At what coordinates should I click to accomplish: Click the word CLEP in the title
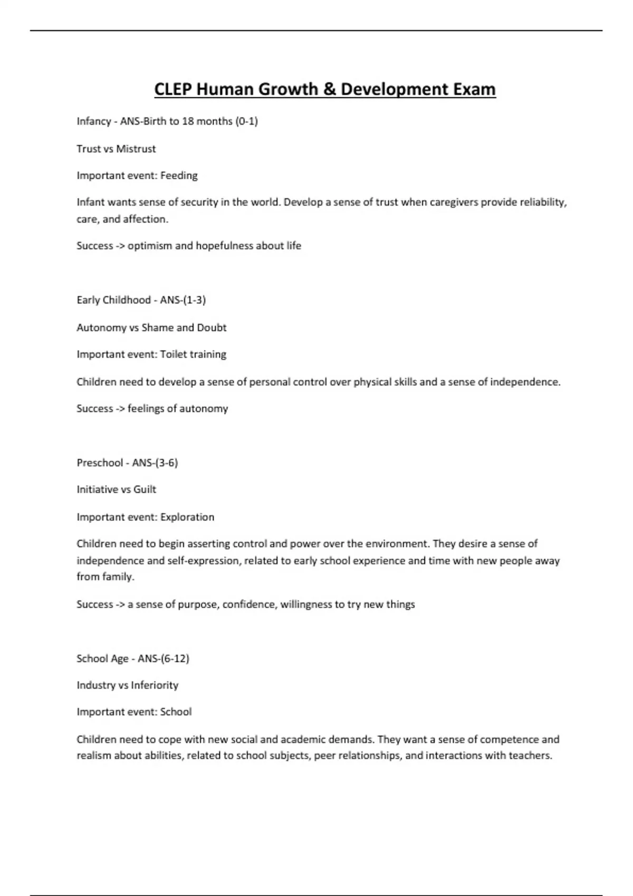coord(173,89)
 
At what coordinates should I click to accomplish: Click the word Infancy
coord(94,121)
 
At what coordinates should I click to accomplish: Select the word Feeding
coord(179,176)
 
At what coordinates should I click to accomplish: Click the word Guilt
coord(145,489)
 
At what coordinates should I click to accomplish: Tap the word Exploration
coord(187,517)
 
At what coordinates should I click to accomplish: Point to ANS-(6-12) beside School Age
coord(164,658)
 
